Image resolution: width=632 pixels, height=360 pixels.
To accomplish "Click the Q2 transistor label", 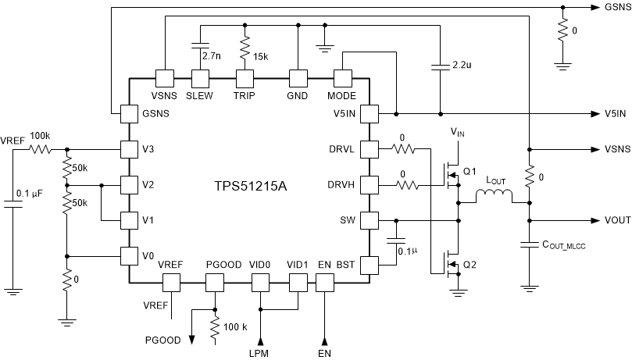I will [469, 265].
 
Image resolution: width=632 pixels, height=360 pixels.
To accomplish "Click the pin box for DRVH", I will [368, 185].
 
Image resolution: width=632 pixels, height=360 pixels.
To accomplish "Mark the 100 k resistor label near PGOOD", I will [235, 326].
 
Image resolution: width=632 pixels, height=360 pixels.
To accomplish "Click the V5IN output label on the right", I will [615, 113].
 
